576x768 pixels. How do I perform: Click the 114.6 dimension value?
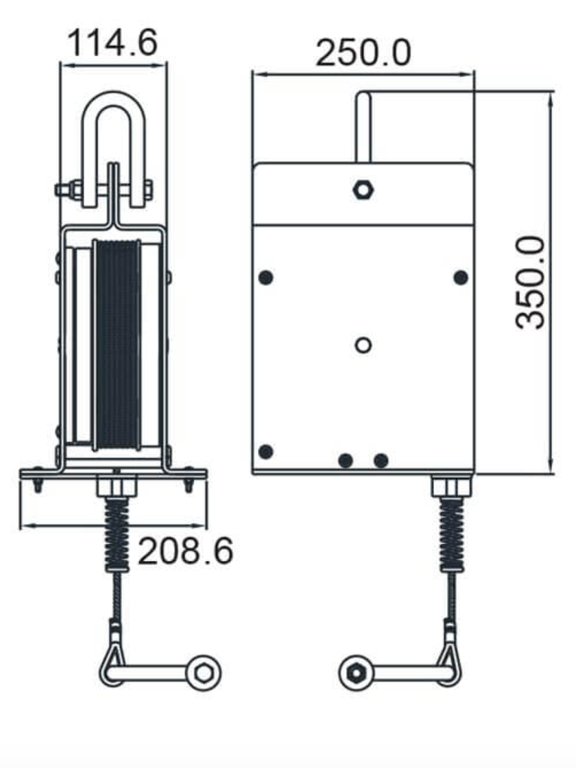coord(112,43)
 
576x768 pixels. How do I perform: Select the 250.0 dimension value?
coord(363,52)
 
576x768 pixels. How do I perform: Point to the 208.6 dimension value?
coord(186,551)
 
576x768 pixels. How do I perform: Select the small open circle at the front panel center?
coord(363,345)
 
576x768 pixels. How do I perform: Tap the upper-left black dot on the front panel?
coord(267,278)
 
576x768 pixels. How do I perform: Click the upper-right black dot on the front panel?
coord(461,278)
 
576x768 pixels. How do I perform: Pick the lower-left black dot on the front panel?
coord(267,451)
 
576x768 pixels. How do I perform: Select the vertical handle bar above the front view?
coord(363,127)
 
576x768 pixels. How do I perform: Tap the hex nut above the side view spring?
coord(117,488)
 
